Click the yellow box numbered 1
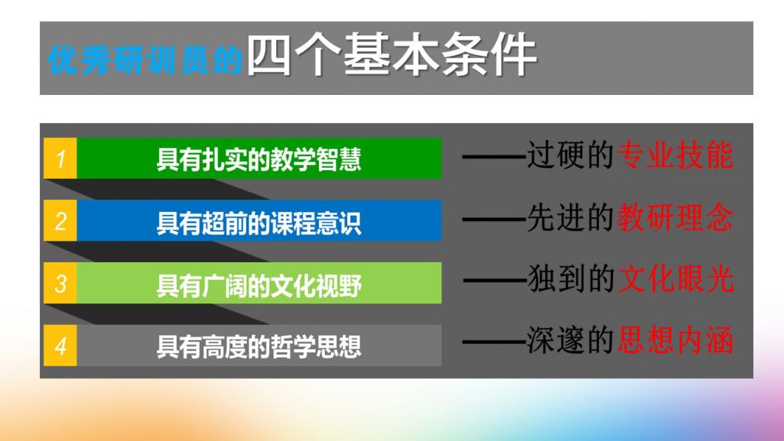pyautogui.click(x=60, y=159)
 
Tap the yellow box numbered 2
pyautogui.click(x=60, y=220)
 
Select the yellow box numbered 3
pyautogui.click(x=60, y=282)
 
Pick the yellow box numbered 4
pyautogui.click(x=60, y=345)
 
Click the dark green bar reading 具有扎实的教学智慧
pyautogui.click(x=259, y=159)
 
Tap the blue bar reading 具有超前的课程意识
pyautogui.click(x=259, y=220)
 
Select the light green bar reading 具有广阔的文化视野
pyautogui.click(x=259, y=282)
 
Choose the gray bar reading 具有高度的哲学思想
pyautogui.click(x=259, y=345)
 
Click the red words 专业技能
pyautogui.click(x=675, y=155)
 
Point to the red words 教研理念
pyautogui.click(x=675, y=217)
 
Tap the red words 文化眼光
pyautogui.click(x=676, y=279)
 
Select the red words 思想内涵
pyautogui.click(x=675, y=340)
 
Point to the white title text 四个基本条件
pyautogui.click(x=391, y=55)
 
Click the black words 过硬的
pyautogui.click(x=571, y=155)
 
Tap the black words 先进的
pyautogui.click(x=571, y=217)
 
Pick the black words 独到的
pyautogui.click(x=571, y=279)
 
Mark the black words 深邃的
pyautogui.click(x=571, y=340)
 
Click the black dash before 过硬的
pyautogui.click(x=494, y=157)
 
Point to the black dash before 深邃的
pyautogui.click(x=494, y=342)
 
